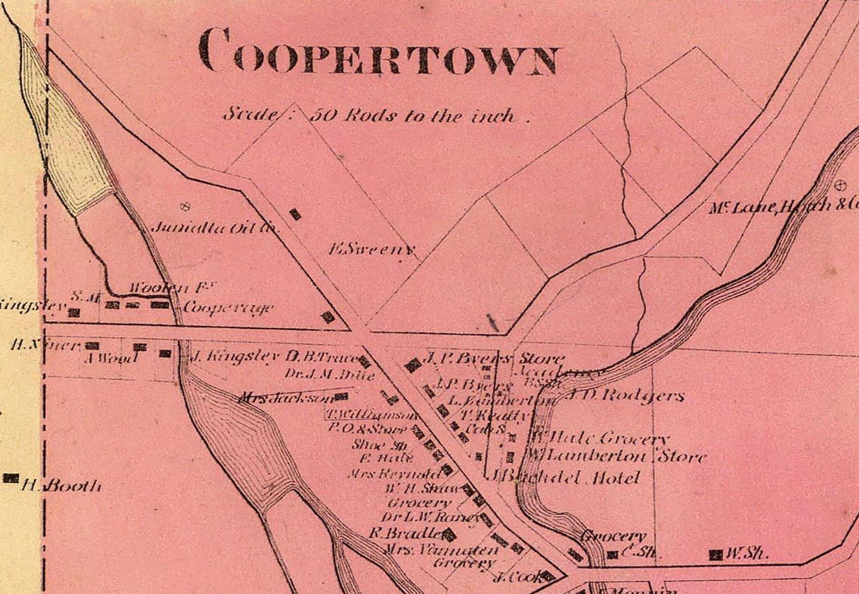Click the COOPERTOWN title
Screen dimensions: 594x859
pos(379,51)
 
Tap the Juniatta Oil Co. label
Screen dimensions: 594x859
pos(216,228)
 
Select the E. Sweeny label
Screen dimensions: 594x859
pos(371,249)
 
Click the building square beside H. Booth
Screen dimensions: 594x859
pos(11,478)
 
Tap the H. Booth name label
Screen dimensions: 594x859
pos(62,486)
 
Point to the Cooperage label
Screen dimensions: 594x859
pos(228,308)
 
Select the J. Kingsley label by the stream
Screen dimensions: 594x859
pos(235,356)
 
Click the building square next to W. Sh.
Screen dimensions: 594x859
pos(716,554)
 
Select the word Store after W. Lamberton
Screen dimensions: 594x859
pos(682,456)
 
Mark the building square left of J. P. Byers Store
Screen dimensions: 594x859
pos(412,366)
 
